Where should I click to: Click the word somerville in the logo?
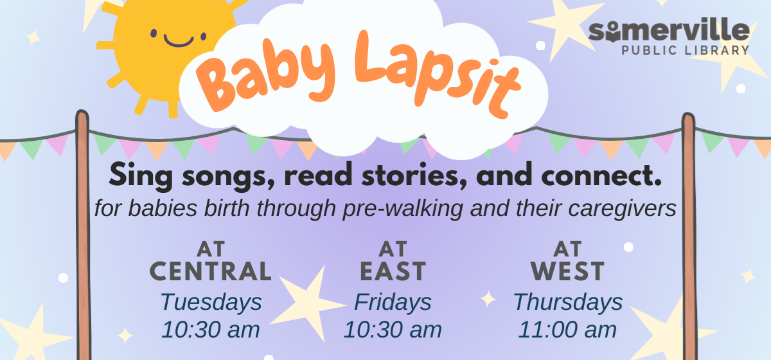669,30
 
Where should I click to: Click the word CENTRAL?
211,271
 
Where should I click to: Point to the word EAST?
393,271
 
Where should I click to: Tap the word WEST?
568,271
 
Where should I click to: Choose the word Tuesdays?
211,301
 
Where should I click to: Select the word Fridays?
393,301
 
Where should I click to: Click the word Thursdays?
568,301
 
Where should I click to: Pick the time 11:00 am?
568,330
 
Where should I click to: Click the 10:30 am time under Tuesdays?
211,330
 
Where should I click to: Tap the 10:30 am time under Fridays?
393,330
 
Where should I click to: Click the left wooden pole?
82,244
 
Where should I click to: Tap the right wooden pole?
689,244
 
